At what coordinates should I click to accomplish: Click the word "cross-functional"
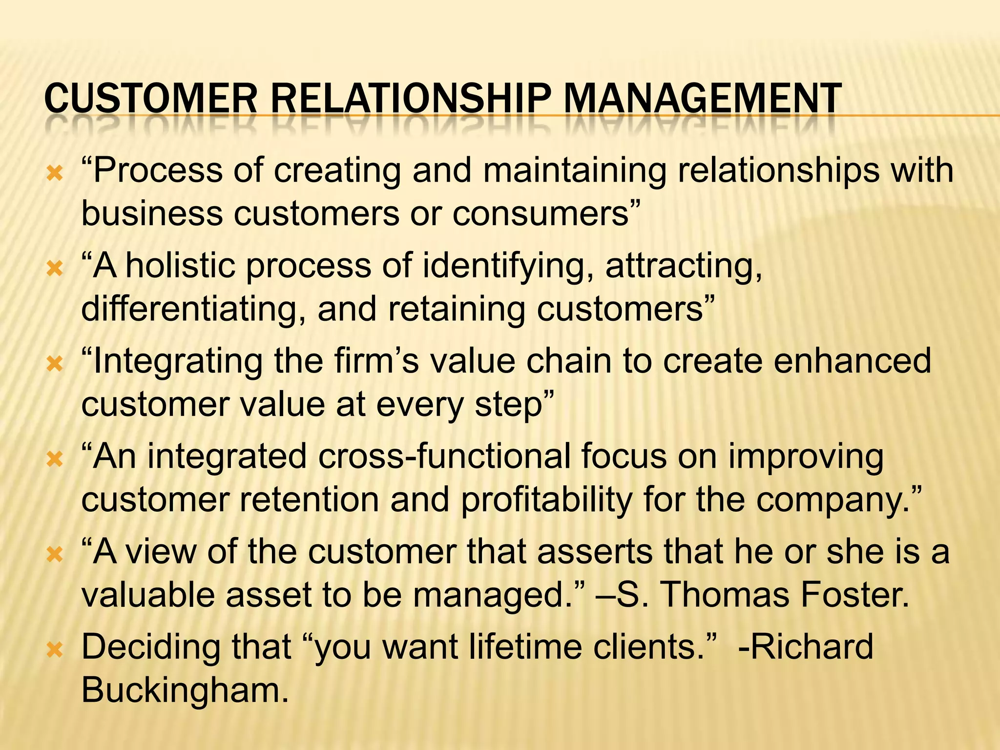(x=444, y=457)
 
